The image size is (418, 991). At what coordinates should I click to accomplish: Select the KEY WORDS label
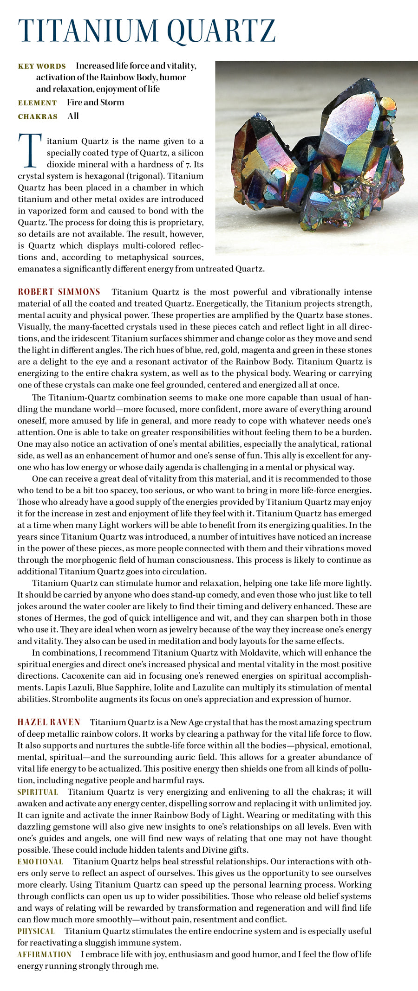tap(42, 66)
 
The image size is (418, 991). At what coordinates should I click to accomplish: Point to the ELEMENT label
tap(37, 103)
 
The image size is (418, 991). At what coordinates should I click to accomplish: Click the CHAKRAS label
tap(38, 116)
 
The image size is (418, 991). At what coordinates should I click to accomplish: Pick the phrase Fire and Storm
tap(95, 103)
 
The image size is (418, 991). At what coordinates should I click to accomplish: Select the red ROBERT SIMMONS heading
tap(59, 292)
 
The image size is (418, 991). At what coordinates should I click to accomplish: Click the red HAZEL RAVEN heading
tap(49, 722)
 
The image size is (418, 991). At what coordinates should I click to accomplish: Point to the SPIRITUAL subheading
tap(38, 792)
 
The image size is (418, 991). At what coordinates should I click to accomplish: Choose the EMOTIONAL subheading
tap(40, 862)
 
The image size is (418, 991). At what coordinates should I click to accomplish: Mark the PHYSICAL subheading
tap(36, 931)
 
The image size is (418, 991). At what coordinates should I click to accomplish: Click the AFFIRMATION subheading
tap(45, 954)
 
